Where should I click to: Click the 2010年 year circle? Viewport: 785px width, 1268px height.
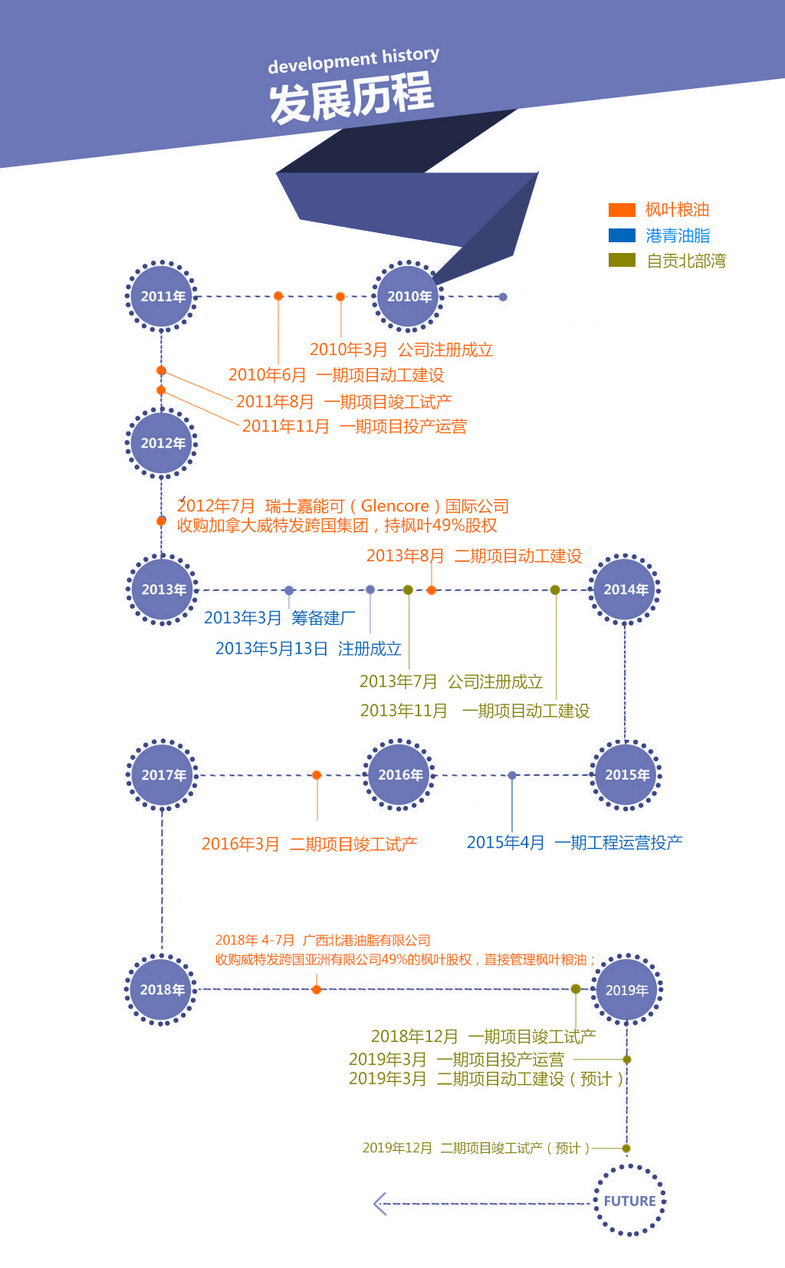click(409, 297)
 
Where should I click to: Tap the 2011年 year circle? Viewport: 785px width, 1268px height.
click(162, 297)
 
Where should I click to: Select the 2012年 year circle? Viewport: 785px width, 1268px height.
click(162, 443)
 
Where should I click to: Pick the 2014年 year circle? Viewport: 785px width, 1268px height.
click(626, 590)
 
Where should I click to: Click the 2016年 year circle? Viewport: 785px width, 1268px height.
click(399, 775)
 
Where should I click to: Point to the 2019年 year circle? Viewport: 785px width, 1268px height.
click(627, 990)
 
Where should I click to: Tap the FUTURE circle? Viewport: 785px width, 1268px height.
click(629, 1201)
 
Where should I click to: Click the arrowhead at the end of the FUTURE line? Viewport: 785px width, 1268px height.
click(379, 1204)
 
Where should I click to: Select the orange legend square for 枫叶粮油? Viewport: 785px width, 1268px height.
click(622, 210)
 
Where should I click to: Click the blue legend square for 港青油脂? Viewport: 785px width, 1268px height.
click(622, 235)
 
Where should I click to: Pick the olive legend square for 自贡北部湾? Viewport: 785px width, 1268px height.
click(622, 261)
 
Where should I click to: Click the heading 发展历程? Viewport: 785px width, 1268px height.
click(351, 98)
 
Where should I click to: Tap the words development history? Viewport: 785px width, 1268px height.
click(353, 61)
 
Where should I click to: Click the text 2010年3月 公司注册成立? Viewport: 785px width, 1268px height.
click(401, 350)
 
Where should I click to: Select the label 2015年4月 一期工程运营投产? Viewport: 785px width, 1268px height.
click(574, 843)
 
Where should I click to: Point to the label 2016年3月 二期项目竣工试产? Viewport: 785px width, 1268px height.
click(309, 844)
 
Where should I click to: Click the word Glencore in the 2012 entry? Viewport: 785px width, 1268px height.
click(395, 506)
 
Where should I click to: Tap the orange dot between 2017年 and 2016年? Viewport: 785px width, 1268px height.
click(317, 775)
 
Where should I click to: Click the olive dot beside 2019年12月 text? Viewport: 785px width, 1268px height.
click(626, 1148)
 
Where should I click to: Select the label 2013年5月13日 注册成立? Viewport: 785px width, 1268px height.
click(308, 649)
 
